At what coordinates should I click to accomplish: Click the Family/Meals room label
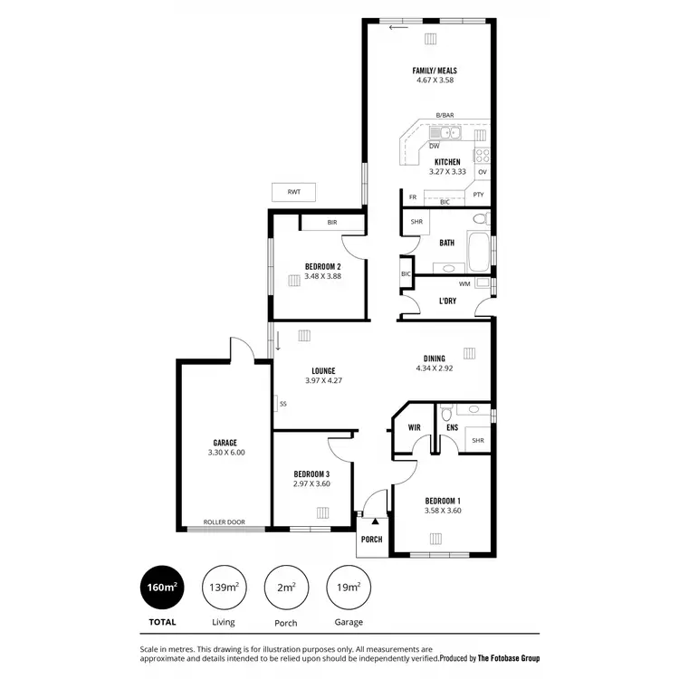point(435,71)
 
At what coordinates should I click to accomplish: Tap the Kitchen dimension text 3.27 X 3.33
point(447,172)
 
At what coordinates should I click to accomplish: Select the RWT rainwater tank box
point(293,192)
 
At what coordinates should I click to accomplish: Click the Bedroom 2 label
point(322,266)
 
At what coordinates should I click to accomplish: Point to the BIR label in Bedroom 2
point(332,221)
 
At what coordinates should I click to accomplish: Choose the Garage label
point(225,443)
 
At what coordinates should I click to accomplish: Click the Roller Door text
point(224,522)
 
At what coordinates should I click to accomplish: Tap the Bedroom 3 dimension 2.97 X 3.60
point(311,483)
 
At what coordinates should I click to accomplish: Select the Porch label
point(371,540)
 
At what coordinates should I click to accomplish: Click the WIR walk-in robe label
point(415,426)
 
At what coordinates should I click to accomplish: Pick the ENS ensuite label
point(452,426)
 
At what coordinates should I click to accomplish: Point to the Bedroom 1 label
point(444,501)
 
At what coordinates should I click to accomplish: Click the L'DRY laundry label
point(447,301)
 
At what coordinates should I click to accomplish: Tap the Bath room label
point(447,243)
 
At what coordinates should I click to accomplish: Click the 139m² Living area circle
point(224,588)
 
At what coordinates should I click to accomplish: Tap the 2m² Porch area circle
point(286,588)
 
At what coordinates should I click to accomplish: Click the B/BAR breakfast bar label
point(445,116)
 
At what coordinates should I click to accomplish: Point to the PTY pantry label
point(478,195)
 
